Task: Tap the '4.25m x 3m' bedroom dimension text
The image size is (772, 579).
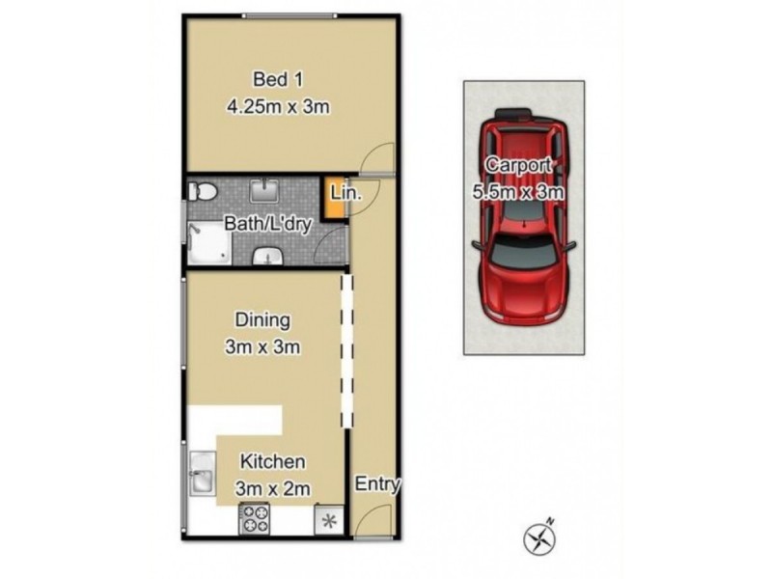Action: click(x=278, y=107)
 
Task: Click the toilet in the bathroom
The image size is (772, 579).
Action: click(x=204, y=189)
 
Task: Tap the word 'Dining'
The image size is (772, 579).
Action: click(x=262, y=319)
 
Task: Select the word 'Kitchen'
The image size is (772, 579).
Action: click(x=273, y=462)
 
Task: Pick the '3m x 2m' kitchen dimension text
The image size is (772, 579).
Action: click(x=273, y=489)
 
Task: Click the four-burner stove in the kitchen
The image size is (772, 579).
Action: click(x=256, y=519)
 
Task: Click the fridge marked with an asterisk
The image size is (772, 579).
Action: click(x=328, y=519)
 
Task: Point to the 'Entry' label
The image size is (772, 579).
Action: click(x=377, y=484)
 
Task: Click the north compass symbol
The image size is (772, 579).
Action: click(x=537, y=538)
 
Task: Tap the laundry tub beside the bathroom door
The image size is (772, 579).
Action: click(x=268, y=256)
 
